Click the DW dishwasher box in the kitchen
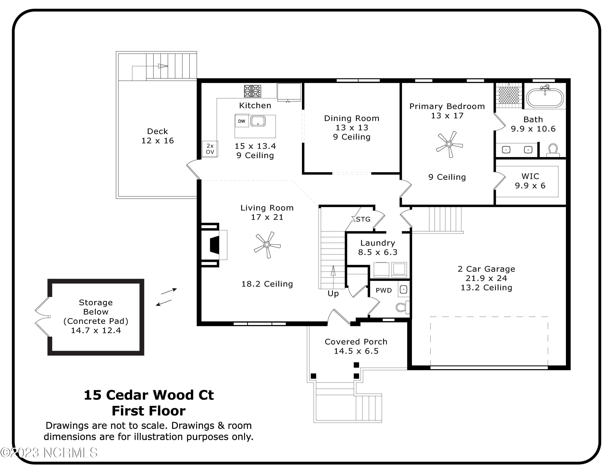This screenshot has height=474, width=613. [241, 121]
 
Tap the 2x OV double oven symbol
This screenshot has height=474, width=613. [210, 149]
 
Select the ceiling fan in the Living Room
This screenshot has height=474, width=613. [267, 245]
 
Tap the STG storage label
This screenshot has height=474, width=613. [363, 219]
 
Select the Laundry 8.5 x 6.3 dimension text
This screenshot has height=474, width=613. [378, 252]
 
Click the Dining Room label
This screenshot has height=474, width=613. [352, 118]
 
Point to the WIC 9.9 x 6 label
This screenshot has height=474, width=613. [530, 181]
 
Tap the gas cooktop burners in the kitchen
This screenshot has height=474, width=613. [252, 91]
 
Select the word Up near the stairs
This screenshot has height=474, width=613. [333, 293]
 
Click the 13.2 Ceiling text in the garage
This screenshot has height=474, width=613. [486, 288]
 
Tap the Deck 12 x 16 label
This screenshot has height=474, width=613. [158, 136]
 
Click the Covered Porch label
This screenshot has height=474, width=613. [356, 341]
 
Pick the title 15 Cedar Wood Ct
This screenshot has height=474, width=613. [149, 395]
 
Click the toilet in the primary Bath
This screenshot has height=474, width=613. [553, 150]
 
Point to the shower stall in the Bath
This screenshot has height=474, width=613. [509, 95]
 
